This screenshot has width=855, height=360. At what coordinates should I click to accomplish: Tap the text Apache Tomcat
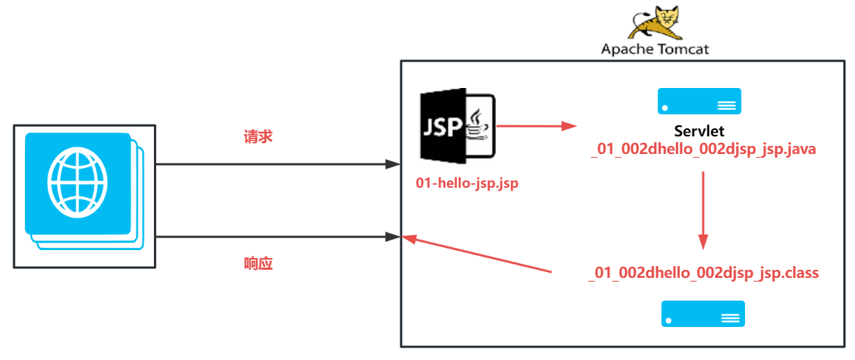(655, 49)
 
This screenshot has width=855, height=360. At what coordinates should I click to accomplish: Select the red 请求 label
(258, 137)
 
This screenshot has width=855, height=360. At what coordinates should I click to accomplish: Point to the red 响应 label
(258, 264)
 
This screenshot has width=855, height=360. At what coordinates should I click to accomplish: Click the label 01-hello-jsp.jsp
(466, 183)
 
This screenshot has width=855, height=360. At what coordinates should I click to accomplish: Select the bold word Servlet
(700, 131)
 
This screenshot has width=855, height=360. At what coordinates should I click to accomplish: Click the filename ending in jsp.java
(703, 150)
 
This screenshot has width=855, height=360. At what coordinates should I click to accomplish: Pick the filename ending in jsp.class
(703, 272)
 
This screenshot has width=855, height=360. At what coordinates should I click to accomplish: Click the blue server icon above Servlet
(700, 100)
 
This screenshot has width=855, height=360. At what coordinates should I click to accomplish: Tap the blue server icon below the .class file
(703, 314)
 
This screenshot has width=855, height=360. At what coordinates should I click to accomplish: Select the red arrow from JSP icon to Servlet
(537, 126)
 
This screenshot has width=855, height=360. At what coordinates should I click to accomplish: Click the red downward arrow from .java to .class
(703, 210)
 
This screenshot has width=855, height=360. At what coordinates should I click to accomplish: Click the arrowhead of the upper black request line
(392, 164)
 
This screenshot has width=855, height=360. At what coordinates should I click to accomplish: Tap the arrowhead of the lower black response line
(392, 238)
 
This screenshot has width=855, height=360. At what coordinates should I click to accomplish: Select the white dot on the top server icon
(665, 108)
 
